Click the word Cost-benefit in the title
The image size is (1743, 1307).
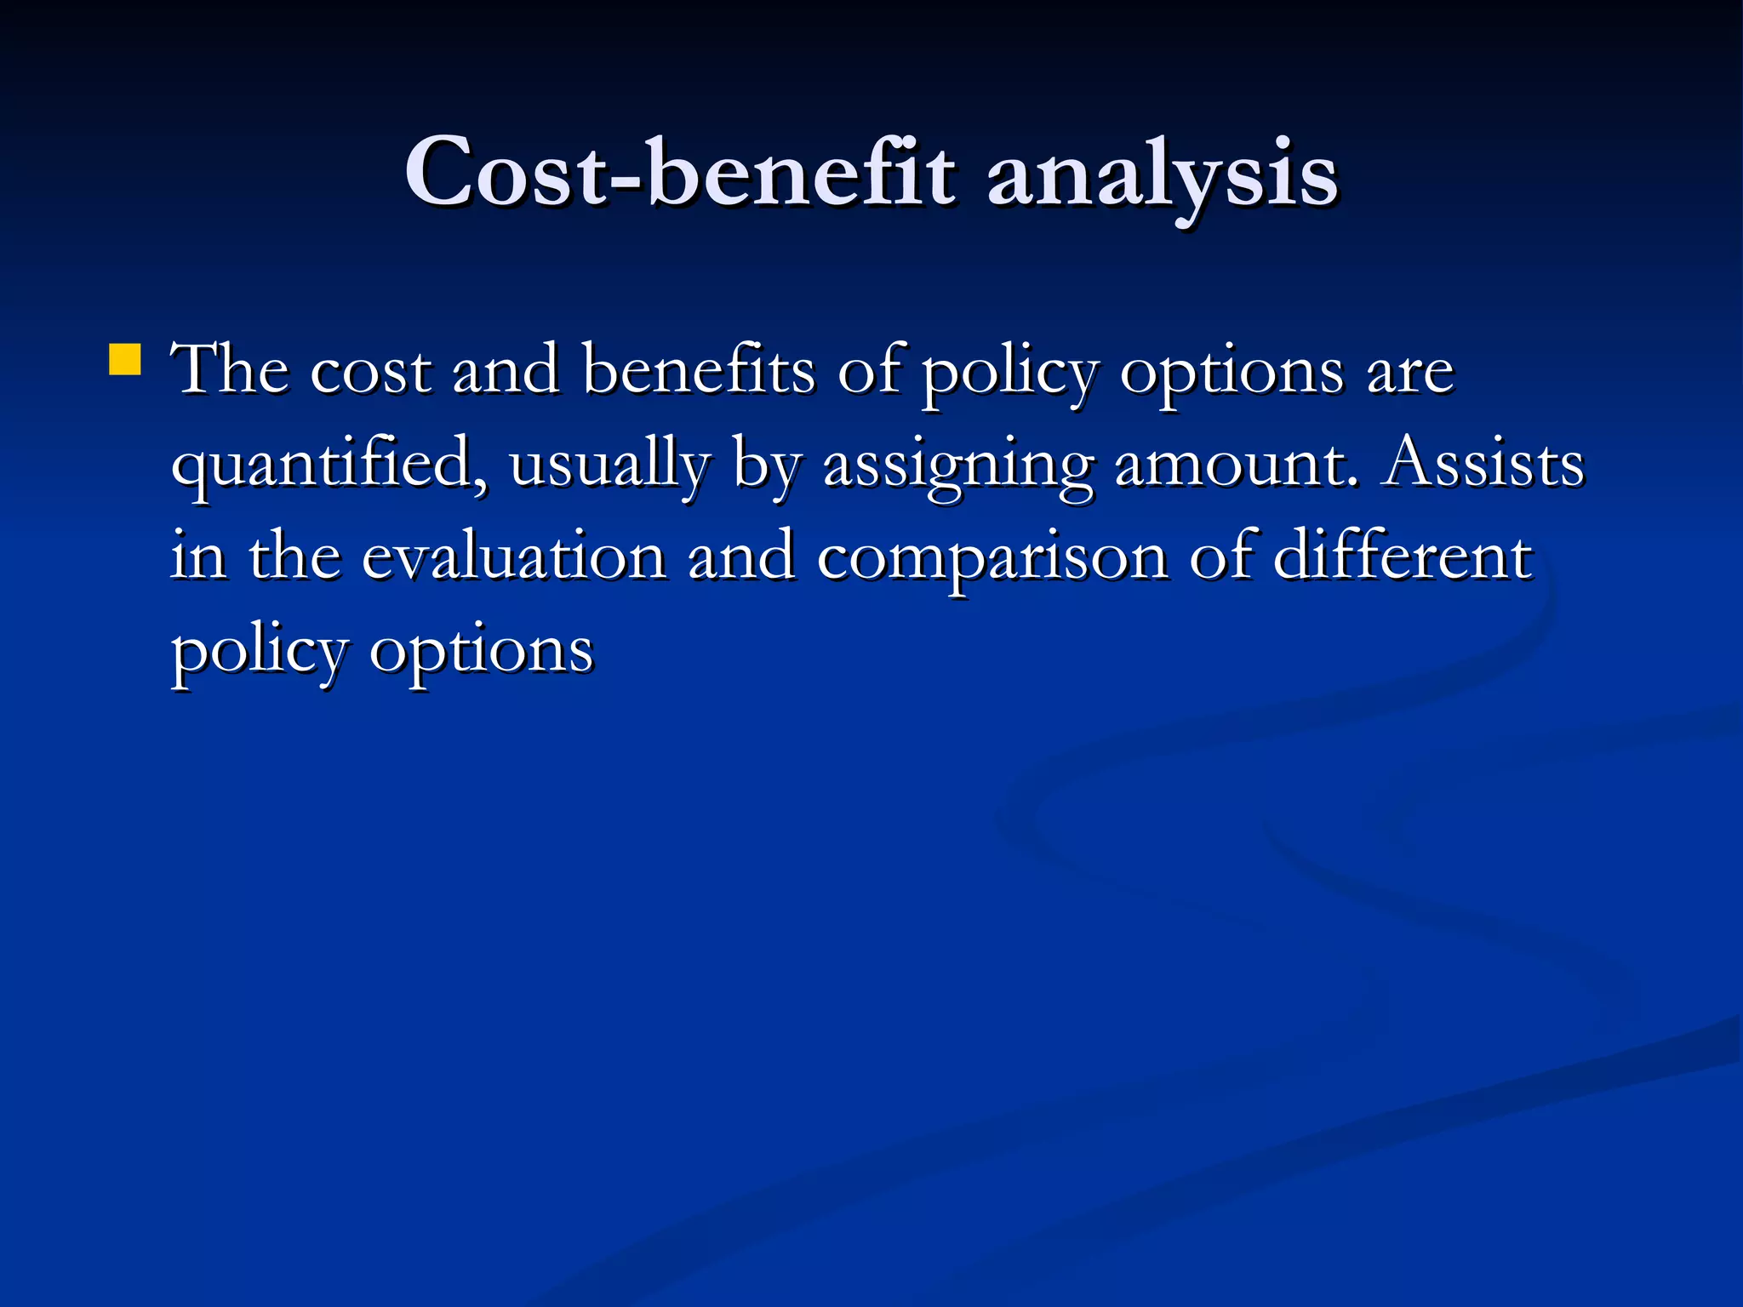tap(680, 174)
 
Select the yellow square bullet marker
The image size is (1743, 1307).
tap(125, 359)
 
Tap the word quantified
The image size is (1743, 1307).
tap(330, 465)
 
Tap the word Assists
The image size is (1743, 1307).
tap(1482, 463)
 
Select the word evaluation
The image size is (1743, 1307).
tap(514, 556)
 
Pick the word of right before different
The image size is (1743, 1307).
tap(1221, 556)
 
